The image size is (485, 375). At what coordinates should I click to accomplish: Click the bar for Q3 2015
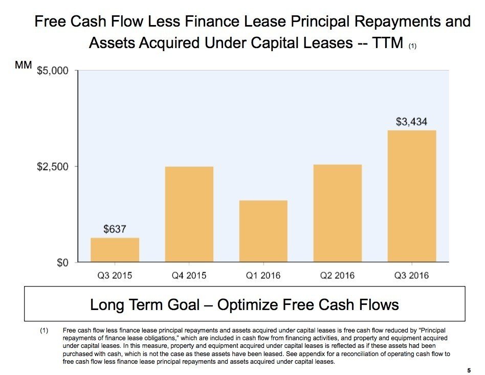pyautogui.click(x=115, y=250)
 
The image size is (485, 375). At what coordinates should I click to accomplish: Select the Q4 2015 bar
pyautogui.click(x=189, y=214)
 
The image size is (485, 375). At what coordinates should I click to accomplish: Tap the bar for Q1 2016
pyautogui.click(x=263, y=231)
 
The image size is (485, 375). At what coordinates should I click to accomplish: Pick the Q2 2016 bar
pyautogui.click(x=337, y=213)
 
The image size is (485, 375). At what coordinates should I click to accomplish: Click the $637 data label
pyautogui.click(x=115, y=229)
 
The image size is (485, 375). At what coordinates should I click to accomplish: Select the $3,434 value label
pyautogui.click(x=411, y=122)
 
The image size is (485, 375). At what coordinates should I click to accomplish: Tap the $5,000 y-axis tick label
pyautogui.click(x=53, y=70)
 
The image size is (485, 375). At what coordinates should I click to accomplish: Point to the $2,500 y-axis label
pyautogui.click(x=53, y=167)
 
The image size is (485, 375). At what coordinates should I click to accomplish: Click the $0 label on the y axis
pyautogui.click(x=62, y=263)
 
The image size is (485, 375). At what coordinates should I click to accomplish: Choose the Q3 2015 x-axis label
pyautogui.click(x=115, y=276)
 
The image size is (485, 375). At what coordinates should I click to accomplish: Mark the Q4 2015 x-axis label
pyautogui.click(x=189, y=276)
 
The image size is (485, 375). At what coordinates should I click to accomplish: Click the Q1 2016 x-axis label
pyautogui.click(x=263, y=276)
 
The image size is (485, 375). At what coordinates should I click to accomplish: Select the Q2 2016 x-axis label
pyautogui.click(x=337, y=276)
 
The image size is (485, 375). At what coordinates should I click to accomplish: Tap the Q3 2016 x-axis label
pyautogui.click(x=411, y=276)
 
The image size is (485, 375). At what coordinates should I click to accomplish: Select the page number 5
pyautogui.click(x=469, y=370)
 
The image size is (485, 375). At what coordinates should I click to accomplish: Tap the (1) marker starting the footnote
pyautogui.click(x=45, y=331)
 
